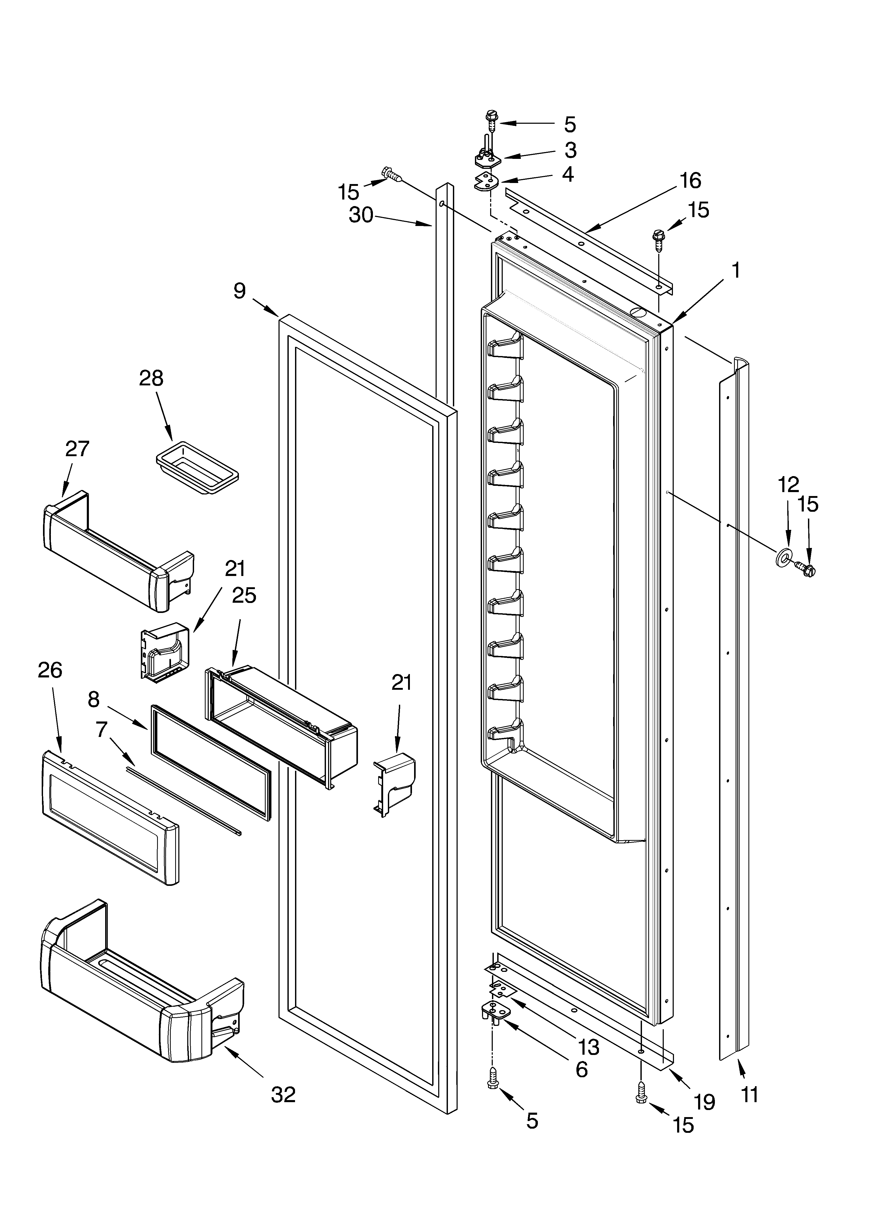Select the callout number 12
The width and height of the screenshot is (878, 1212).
coord(788,484)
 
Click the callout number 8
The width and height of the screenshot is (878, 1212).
coord(94,699)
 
